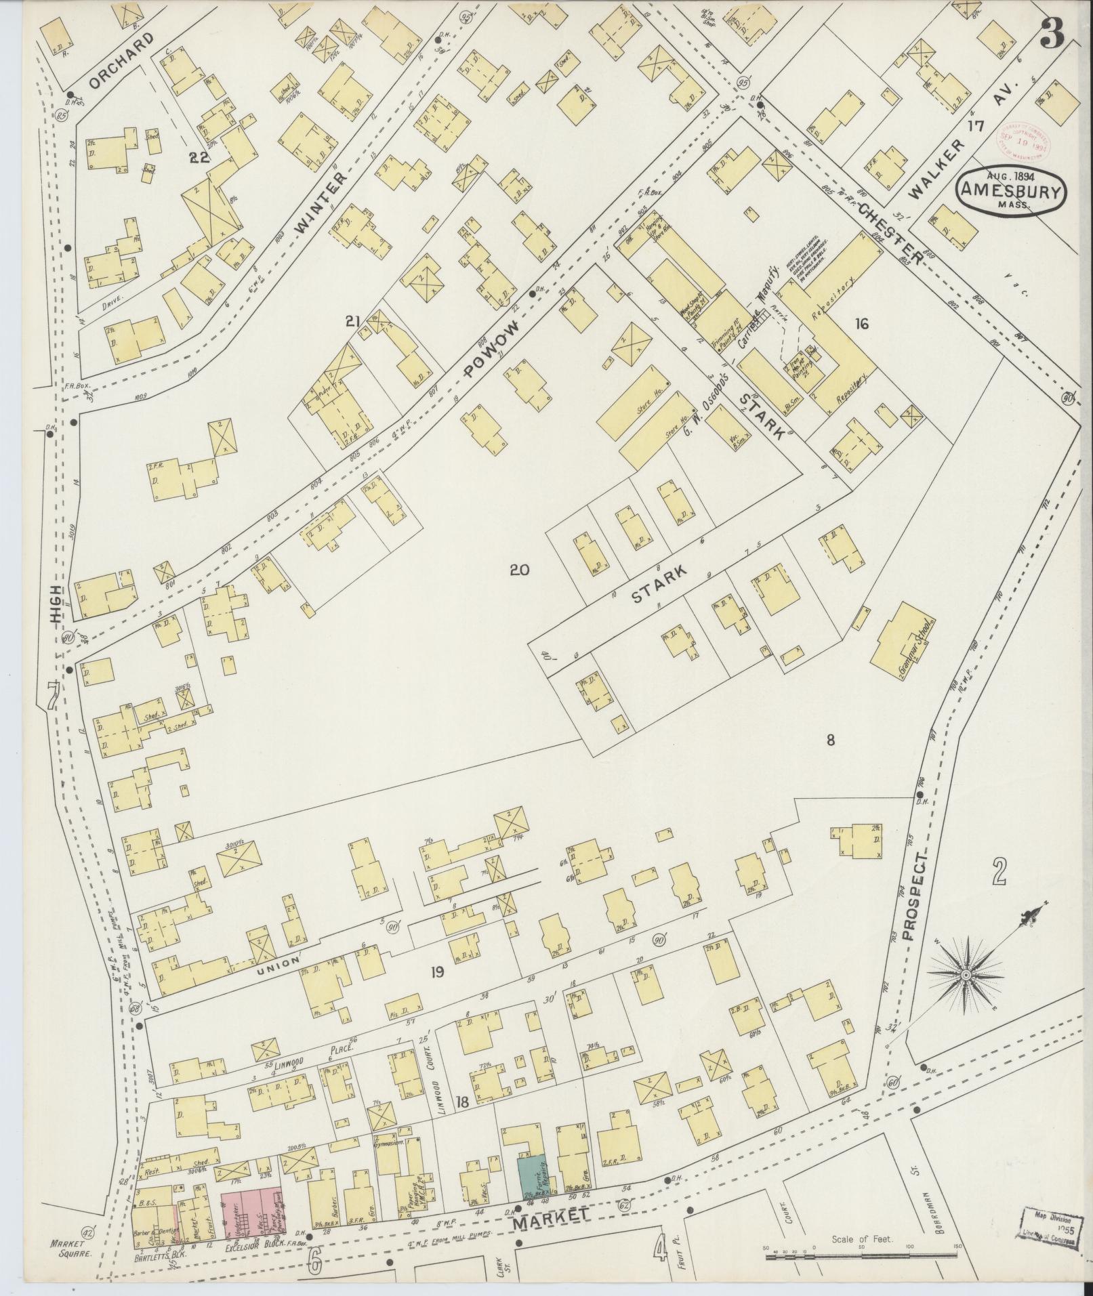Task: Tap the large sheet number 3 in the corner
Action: [1052, 32]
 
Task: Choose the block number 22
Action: [199, 158]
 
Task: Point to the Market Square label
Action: [70, 1249]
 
